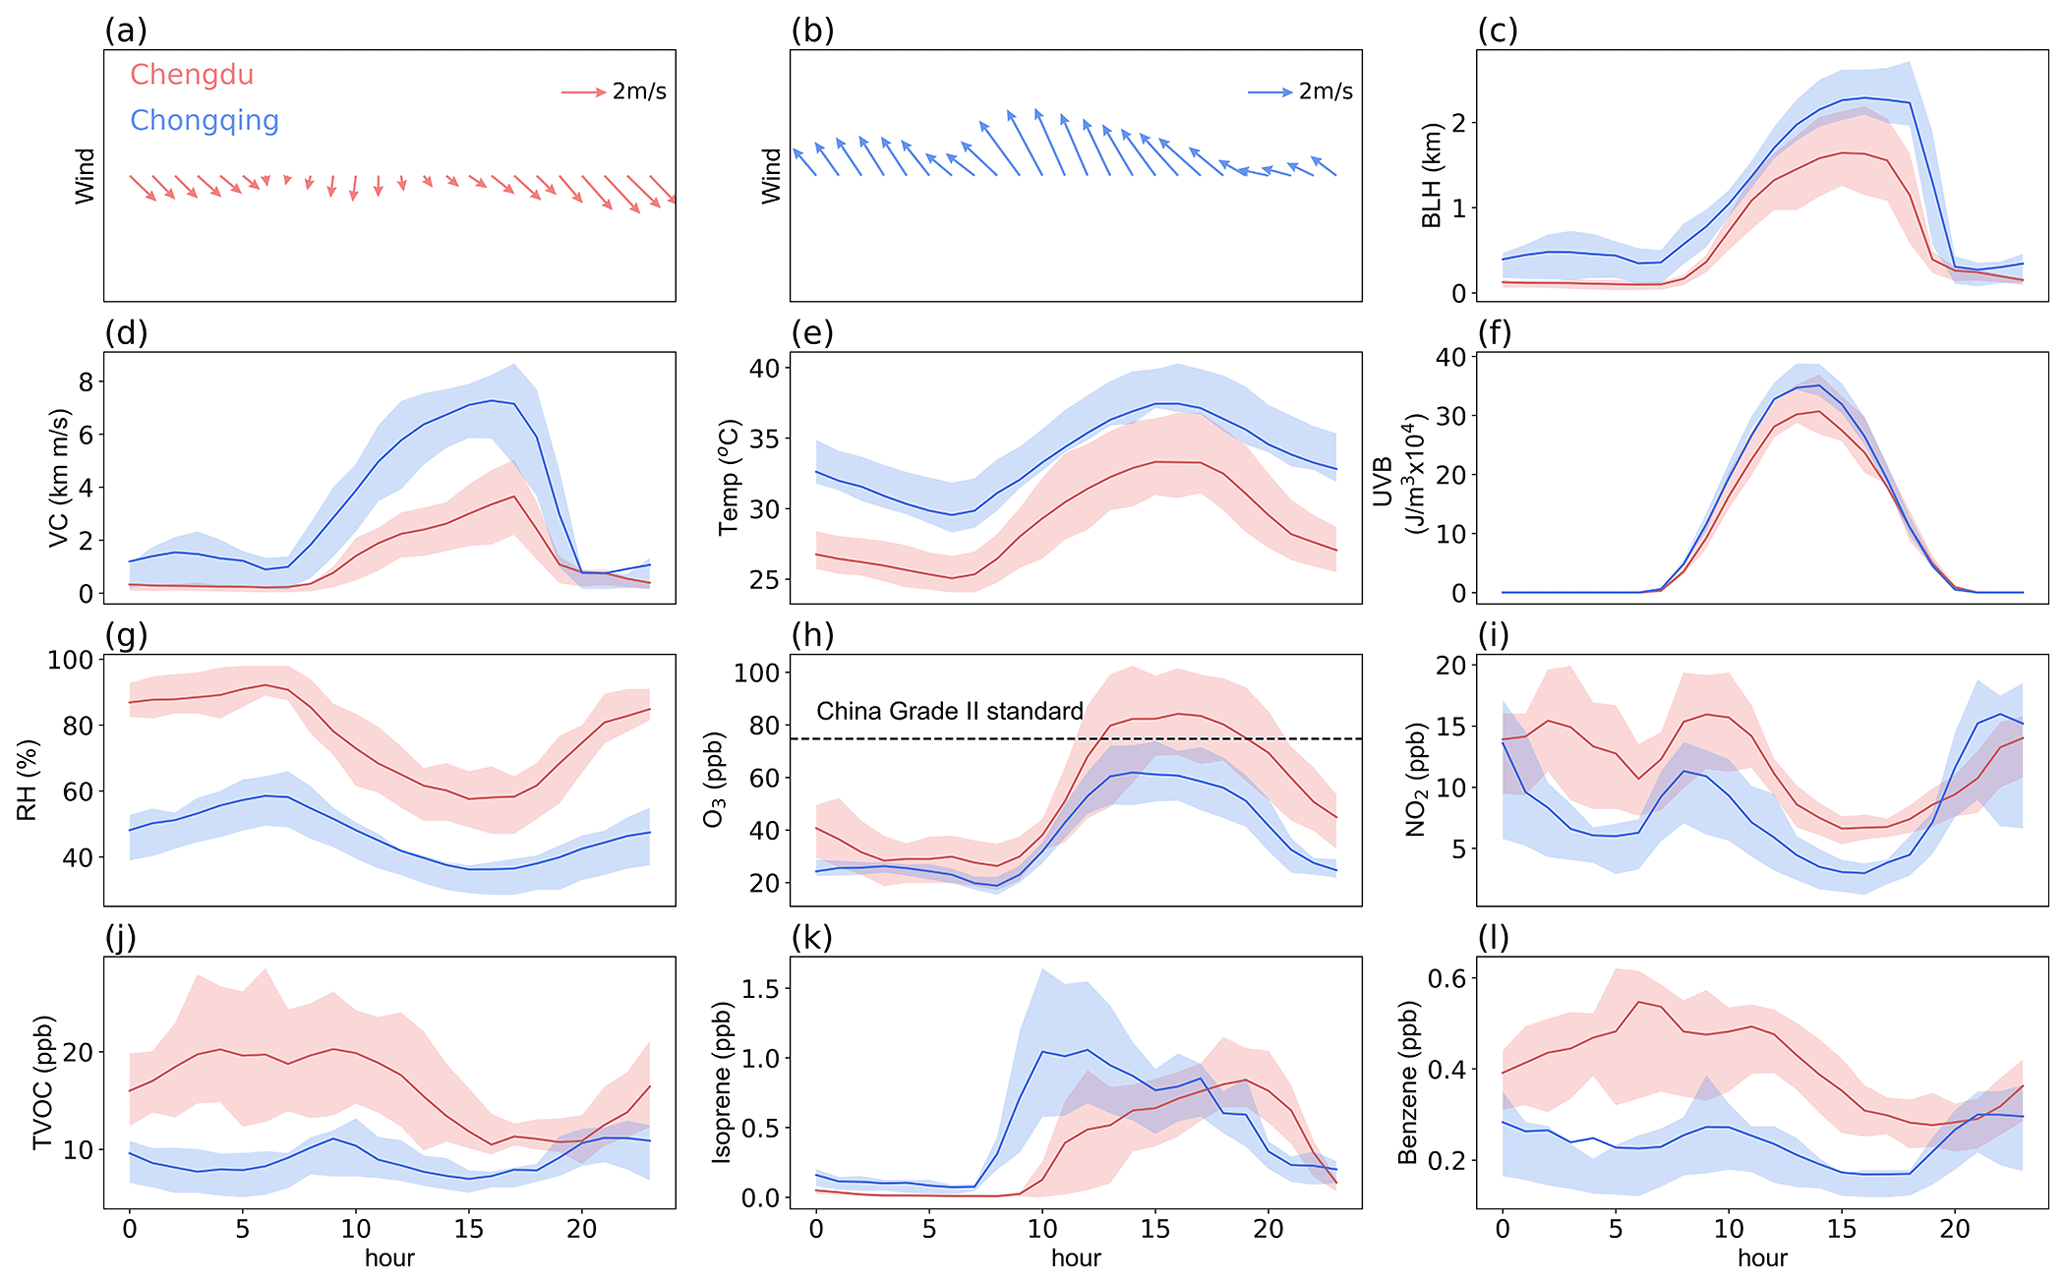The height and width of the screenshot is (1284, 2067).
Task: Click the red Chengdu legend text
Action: coord(191,75)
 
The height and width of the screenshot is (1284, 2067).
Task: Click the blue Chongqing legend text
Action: coord(204,121)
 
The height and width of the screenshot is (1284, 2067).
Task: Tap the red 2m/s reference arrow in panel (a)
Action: coord(583,92)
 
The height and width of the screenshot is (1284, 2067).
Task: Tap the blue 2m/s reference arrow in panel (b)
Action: coord(1270,92)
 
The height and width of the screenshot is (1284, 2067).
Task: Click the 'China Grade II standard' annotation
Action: coord(949,711)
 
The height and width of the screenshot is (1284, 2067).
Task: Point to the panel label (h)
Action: coord(812,635)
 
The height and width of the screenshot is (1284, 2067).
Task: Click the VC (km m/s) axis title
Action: coord(59,477)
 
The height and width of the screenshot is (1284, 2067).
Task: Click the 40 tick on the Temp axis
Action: coord(765,368)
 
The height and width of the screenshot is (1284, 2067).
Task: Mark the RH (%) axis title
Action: coord(27,780)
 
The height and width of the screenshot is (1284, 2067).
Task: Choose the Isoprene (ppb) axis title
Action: coord(721,1082)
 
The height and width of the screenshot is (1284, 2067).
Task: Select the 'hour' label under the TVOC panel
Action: coord(389,1258)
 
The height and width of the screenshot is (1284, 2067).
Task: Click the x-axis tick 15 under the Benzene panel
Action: coord(1841,1229)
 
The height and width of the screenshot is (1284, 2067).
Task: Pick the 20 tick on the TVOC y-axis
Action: coord(78,1053)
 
